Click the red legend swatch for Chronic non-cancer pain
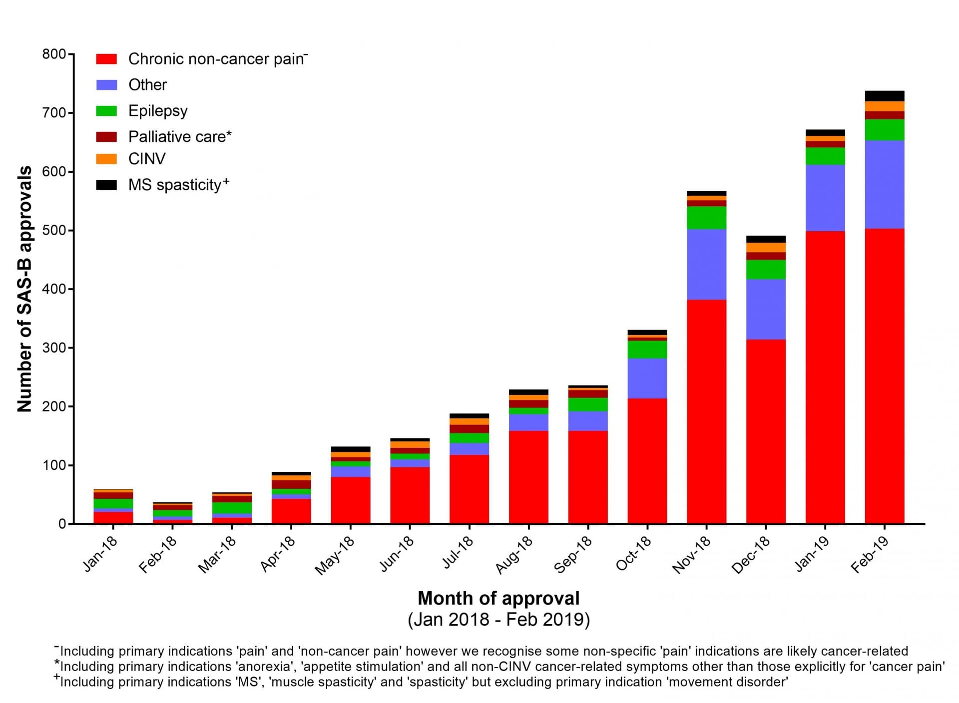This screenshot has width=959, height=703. [106, 59]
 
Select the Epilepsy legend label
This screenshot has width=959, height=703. [158, 111]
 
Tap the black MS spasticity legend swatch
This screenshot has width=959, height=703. [106, 185]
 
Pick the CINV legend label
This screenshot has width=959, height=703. [147, 159]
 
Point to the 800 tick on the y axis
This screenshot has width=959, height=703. [54, 54]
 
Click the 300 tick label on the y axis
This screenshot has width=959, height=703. [54, 348]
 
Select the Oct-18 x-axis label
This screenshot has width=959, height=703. [633, 554]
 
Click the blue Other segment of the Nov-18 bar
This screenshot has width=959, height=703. [706, 264]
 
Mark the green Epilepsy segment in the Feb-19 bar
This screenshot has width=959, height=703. [884, 130]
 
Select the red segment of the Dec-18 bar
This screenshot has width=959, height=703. [766, 431]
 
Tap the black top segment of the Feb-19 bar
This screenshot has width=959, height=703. [884, 96]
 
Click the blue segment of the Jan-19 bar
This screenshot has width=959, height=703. [825, 198]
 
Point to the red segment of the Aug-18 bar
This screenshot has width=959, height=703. [528, 477]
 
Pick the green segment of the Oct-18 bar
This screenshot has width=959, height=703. [647, 350]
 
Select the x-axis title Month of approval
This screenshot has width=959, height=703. [498, 598]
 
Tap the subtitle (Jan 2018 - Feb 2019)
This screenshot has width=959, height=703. [498, 620]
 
